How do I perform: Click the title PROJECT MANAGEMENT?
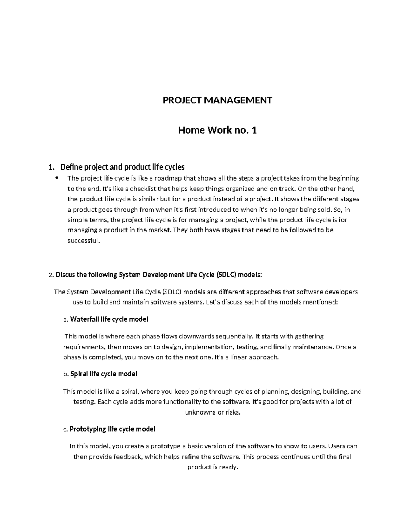pyautogui.click(x=217, y=100)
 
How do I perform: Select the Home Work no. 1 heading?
pyautogui.click(x=217, y=131)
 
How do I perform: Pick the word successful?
pyautogui.click(x=83, y=240)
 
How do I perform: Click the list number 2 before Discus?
pyautogui.click(x=50, y=275)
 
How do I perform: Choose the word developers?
pyautogui.click(x=341, y=292)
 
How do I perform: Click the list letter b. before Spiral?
pyautogui.click(x=66, y=374)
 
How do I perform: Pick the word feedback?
pyautogui.click(x=128, y=457)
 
